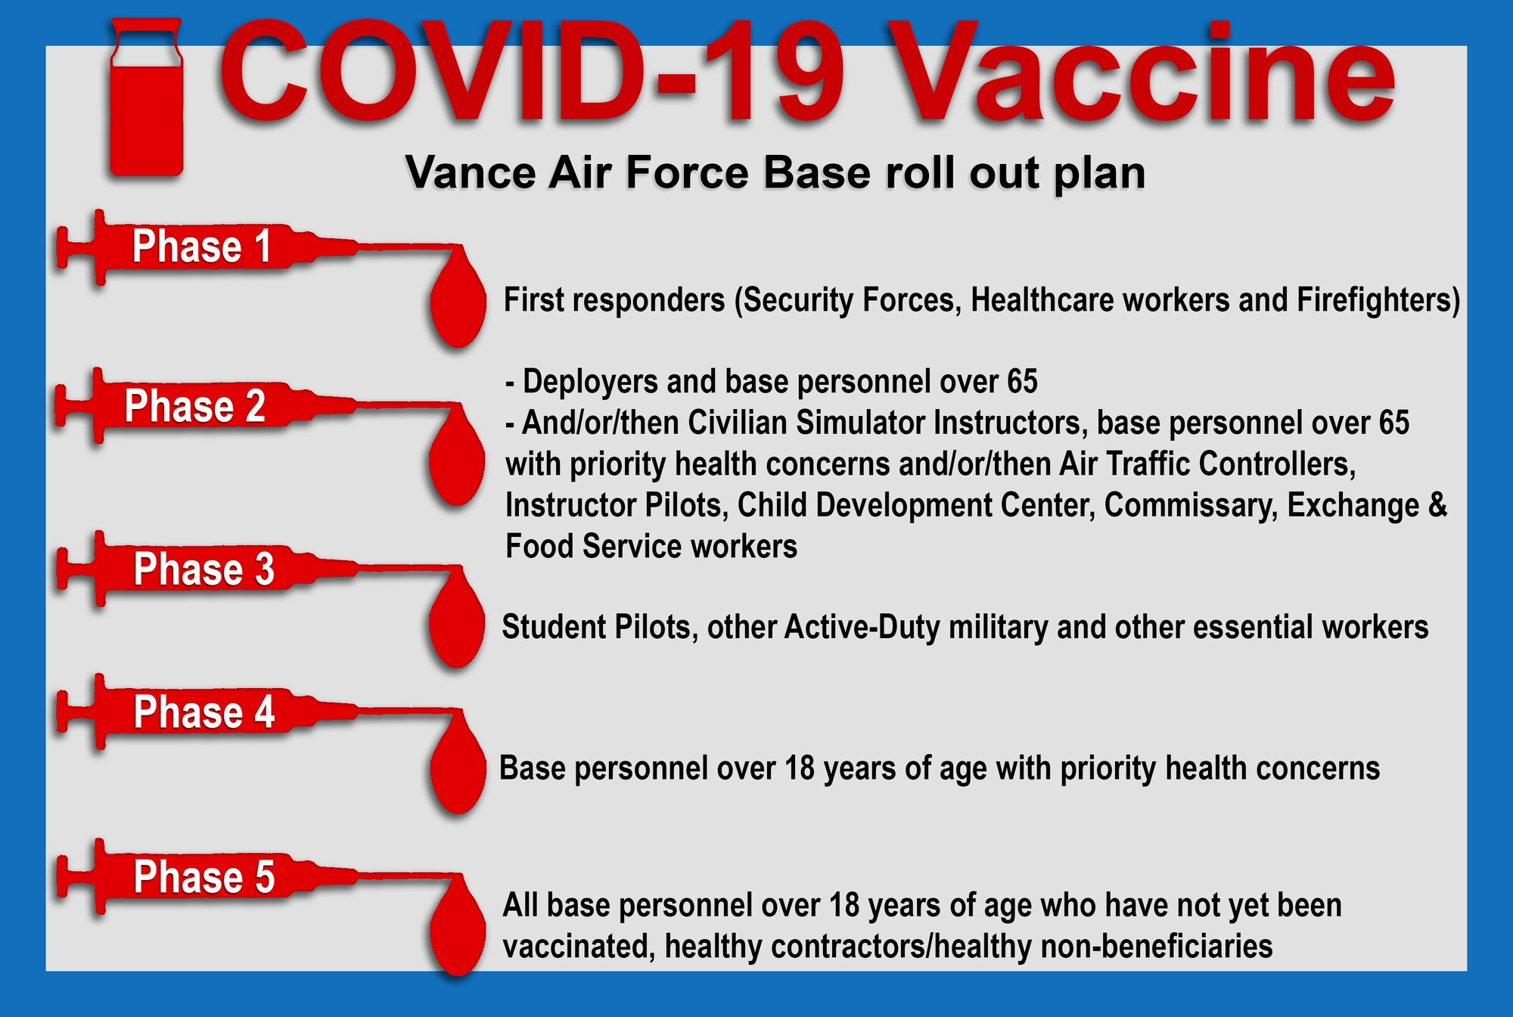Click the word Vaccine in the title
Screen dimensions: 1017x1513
point(1142,76)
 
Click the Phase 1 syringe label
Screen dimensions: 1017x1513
point(201,246)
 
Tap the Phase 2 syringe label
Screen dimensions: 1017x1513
point(194,406)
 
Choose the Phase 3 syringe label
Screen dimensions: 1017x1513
point(203,569)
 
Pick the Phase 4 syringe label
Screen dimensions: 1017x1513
point(203,712)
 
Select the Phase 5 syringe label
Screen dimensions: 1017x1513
point(203,877)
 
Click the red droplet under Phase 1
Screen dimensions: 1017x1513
point(458,302)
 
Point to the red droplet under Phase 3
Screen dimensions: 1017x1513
point(456,624)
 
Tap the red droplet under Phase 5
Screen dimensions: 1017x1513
point(458,934)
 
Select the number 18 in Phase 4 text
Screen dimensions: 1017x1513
point(799,769)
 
